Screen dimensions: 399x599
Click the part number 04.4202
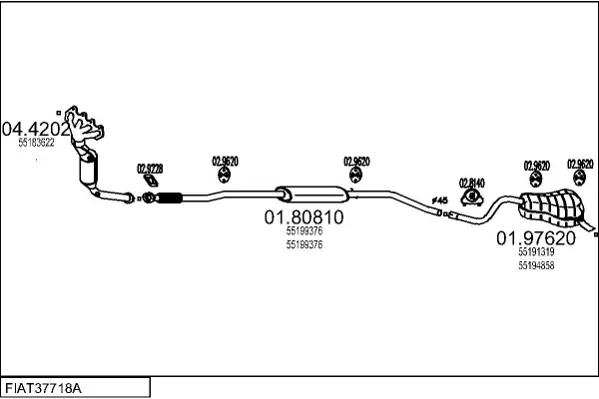(36, 129)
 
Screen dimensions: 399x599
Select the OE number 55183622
(36, 143)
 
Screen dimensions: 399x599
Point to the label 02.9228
(150, 168)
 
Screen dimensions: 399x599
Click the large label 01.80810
(303, 216)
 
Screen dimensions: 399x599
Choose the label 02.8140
(471, 182)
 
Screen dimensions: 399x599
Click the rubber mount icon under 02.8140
(471, 195)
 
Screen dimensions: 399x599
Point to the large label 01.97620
(536, 239)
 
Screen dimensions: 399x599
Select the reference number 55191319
(536, 253)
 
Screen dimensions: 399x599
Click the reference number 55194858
(536, 265)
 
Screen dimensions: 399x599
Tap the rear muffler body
(549, 206)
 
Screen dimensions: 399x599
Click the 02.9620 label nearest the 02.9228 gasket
(224, 161)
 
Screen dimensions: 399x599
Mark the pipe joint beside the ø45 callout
(451, 213)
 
